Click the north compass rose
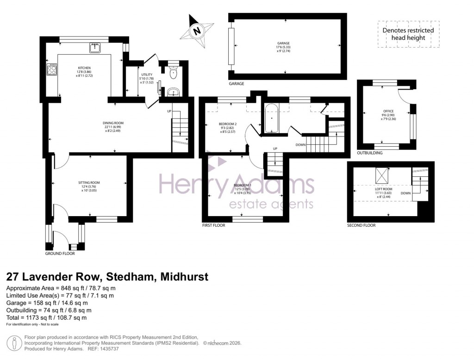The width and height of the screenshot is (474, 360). pyautogui.click(x=198, y=31)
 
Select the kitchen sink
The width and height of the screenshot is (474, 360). pyautogui.click(x=95, y=47)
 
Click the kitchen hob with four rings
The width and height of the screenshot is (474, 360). pyautogui.click(x=51, y=71)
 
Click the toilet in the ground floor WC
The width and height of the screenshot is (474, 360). pyautogui.click(x=172, y=73)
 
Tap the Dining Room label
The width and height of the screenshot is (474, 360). pyautogui.click(x=113, y=123)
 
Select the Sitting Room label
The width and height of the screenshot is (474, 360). pyautogui.click(x=89, y=183)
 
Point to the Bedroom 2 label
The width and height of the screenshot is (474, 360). pyautogui.click(x=228, y=124)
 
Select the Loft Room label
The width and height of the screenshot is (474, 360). pyautogui.click(x=383, y=190)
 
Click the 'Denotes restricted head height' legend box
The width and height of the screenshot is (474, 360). pyautogui.click(x=408, y=34)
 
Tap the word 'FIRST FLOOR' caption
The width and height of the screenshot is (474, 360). pyautogui.click(x=214, y=225)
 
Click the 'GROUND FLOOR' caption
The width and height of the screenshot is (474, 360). pyautogui.click(x=60, y=254)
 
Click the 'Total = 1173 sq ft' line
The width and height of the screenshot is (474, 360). pyautogui.click(x=46, y=318)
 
